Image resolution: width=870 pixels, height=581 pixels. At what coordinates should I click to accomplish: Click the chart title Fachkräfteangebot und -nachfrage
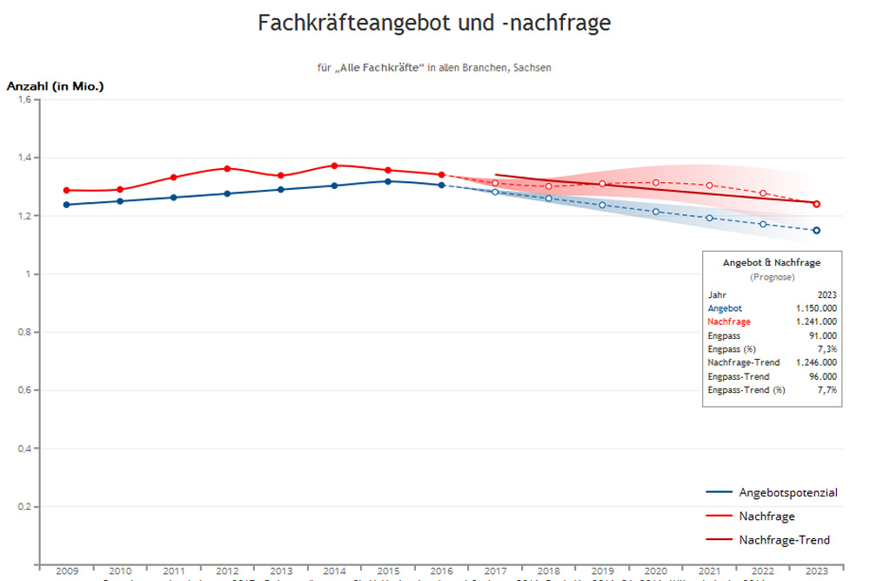(x=434, y=24)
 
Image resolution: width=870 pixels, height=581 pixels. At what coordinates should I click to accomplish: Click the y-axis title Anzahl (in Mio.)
(x=56, y=86)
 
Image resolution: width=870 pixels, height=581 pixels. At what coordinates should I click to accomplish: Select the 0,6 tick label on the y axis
(x=24, y=390)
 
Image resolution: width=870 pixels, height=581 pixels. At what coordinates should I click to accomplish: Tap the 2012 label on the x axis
(x=227, y=570)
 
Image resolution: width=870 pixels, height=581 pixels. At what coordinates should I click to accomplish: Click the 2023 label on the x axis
(x=816, y=570)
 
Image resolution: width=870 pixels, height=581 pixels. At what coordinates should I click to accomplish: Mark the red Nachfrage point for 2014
(x=334, y=166)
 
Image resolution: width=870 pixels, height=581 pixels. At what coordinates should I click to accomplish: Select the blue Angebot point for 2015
(x=388, y=181)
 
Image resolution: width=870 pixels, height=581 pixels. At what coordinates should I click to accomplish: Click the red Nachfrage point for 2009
(x=67, y=190)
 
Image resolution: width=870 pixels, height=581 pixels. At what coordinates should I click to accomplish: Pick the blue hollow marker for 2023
(x=816, y=230)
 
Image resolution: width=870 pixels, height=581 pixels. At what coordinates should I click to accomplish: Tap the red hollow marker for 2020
(x=656, y=183)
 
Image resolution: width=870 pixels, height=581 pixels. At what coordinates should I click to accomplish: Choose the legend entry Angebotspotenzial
(x=787, y=493)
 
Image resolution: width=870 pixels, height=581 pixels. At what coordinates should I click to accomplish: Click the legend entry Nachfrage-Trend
(x=784, y=540)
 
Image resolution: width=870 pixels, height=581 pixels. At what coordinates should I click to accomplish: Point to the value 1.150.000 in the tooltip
(x=816, y=308)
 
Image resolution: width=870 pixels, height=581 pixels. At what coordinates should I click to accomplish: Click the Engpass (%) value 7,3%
(x=826, y=348)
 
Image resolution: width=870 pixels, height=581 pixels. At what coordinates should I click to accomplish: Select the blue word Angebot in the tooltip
(x=726, y=308)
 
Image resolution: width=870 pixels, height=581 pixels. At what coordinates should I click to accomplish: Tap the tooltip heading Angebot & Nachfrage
(x=772, y=262)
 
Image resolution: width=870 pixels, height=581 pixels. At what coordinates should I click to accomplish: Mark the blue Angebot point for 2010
(x=120, y=201)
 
